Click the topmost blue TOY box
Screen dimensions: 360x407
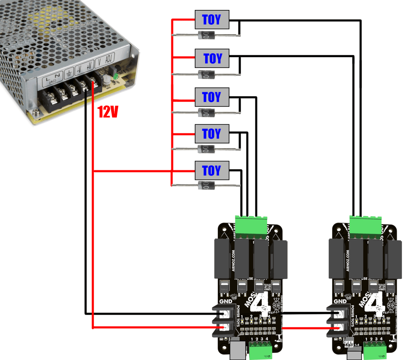click(212, 20)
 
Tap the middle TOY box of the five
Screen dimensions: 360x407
click(212, 97)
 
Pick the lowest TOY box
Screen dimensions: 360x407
click(212, 170)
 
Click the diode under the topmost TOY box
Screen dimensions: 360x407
click(206, 36)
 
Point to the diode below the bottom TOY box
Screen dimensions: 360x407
click(206, 185)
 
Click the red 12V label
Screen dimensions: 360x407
click(108, 113)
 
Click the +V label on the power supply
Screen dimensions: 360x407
click(90, 64)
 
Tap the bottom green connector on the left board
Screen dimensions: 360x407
click(260, 350)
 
